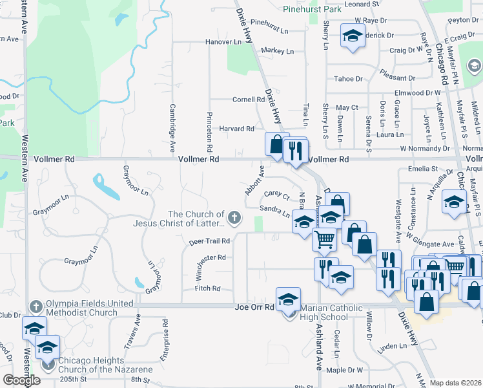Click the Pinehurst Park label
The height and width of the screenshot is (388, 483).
(312, 10)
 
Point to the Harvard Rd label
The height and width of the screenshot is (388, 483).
(237, 129)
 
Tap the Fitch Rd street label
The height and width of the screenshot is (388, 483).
(208, 288)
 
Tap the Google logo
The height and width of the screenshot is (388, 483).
(21, 380)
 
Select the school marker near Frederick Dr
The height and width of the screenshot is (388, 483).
(353, 36)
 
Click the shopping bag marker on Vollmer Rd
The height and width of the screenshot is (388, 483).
(276, 144)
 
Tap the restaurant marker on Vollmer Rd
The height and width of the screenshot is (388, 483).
(296, 151)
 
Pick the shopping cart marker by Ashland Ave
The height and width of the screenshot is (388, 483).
(324, 239)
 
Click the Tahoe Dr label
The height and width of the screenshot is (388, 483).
(349, 79)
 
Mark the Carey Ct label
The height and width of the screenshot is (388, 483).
(276, 195)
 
